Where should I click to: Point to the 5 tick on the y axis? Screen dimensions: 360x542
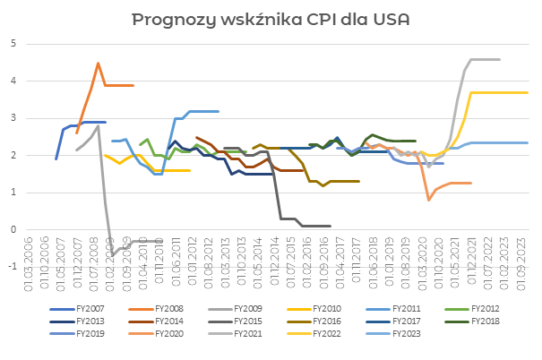(x=13, y=43)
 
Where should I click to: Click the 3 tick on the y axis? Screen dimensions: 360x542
(x=13, y=117)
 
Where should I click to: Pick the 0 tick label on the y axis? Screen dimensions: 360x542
(x=13, y=229)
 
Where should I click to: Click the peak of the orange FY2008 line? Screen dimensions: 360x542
(x=98, y=64)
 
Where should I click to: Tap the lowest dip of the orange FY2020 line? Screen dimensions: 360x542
(x=429, y=199)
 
